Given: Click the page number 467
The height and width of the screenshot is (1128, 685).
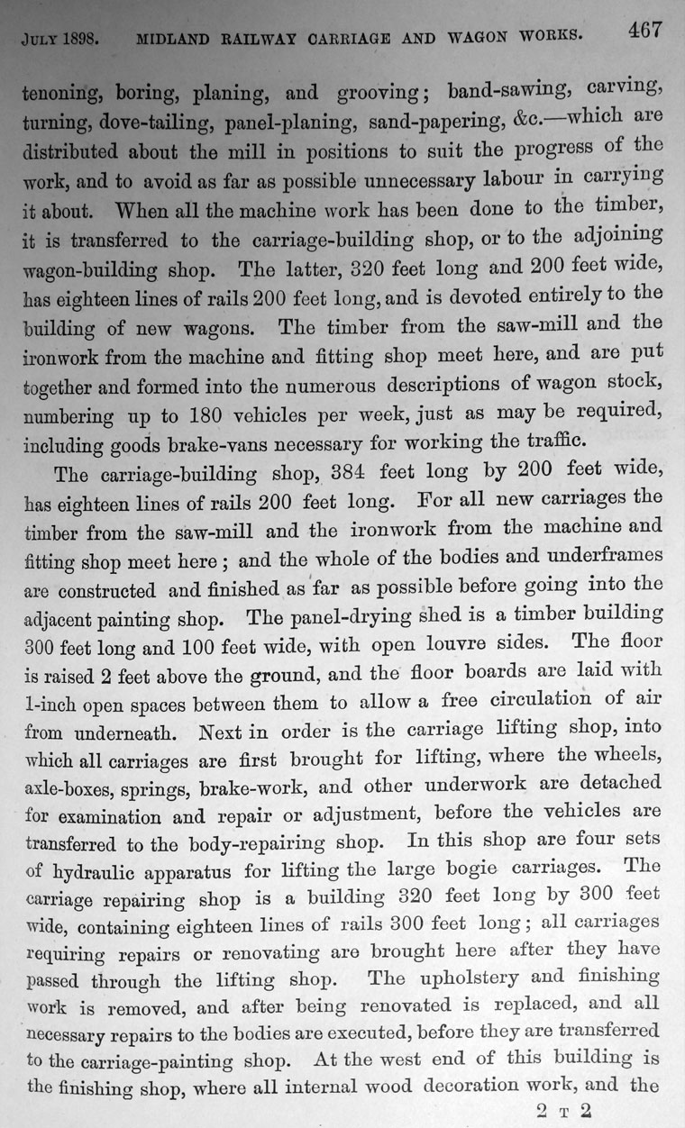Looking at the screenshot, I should click(645, 28).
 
